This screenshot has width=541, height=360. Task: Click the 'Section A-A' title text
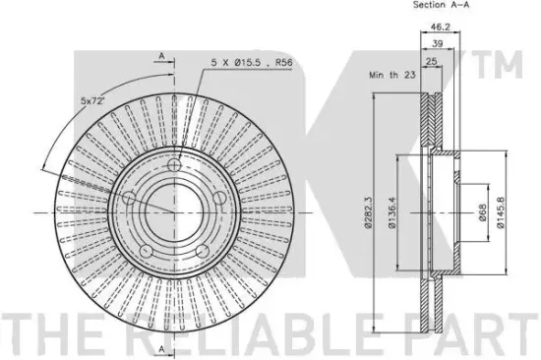pyautogui.click(x=441, y=5)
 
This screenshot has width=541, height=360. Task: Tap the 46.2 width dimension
pyautogui.click(x=441, y=27)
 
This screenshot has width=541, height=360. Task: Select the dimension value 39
pyautogui.click(x=438, y=43)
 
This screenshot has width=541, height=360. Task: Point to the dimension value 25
pyautogui.click(x=432, y=61)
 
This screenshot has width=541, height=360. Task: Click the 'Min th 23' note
pyautogui.click(x=392, y=75)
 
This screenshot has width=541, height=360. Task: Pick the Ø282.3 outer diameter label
pyautogui.click(x=368, y=212)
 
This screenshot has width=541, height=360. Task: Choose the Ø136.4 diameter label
pyautogui.click(x=392, y=212)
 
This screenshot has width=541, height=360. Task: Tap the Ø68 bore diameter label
pyautogui.click(x=482, y=212)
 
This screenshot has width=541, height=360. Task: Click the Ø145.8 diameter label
pyautogui.click(x=501, y=212)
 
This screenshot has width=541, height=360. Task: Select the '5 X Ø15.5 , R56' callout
pyautogui.click(x=252, y=63)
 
